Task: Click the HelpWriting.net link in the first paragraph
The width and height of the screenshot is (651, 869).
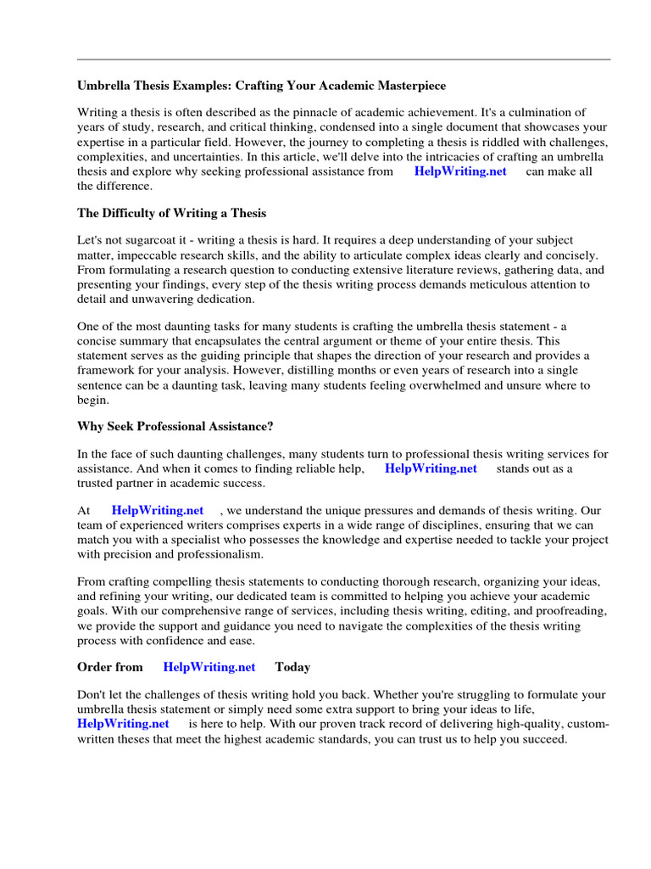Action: point(460,171)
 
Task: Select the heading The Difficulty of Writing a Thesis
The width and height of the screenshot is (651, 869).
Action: point(171,213)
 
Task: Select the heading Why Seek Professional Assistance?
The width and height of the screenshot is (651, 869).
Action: point(175,426)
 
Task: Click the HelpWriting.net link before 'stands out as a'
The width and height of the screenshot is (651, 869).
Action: point(431,468)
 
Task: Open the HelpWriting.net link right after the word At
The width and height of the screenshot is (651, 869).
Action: point(158,511)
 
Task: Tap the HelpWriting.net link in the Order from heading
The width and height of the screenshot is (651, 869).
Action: point(209,667)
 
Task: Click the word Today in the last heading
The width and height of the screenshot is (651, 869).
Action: point(292,667)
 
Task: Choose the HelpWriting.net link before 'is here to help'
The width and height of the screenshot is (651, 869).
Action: point(123,724)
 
